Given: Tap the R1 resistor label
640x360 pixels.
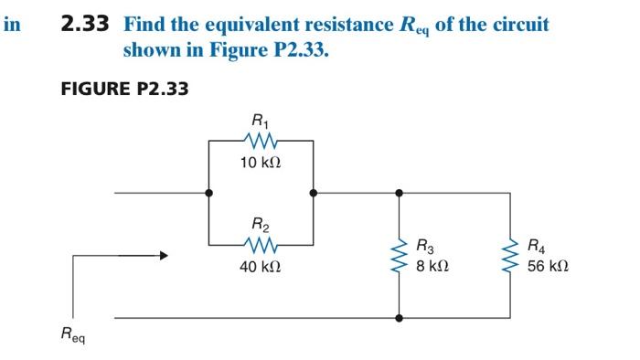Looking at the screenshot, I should click(x=261, y=119).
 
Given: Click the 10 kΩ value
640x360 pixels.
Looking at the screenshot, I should click(x=261, y=163).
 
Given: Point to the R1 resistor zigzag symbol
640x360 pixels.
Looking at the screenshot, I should click(x=261, y=141).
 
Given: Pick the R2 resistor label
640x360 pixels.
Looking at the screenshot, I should click(x=261, y=223).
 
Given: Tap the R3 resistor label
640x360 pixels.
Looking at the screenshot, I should click(x=425, y=245).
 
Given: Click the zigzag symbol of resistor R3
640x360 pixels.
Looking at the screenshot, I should click(x=399, y=256).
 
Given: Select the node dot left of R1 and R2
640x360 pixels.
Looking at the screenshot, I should click(x=209, y=194).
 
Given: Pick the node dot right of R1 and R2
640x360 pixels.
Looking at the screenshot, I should click(x=314, y=194).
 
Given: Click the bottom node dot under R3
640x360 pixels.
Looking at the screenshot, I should click(x=399, y=318).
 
